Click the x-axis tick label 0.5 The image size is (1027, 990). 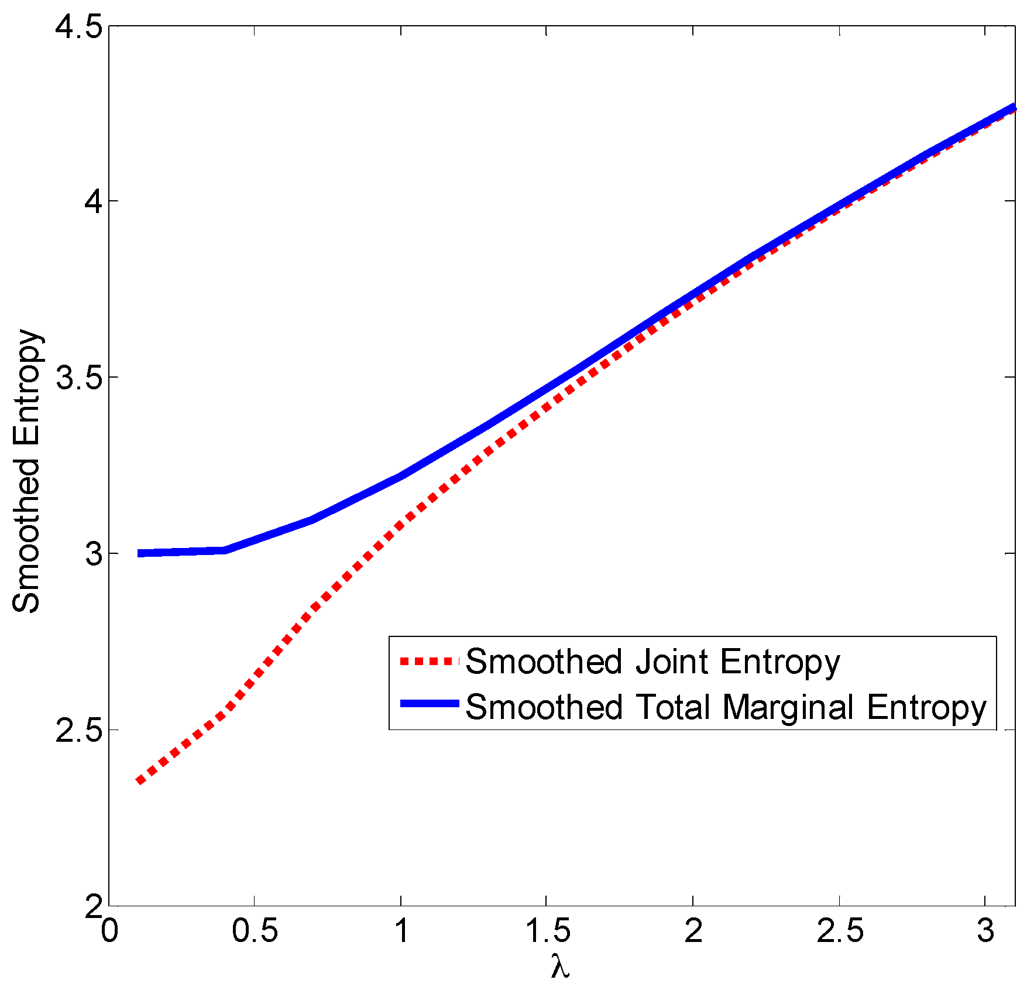(x=255, y=931)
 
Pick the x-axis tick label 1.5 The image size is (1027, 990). (x=547, y=931)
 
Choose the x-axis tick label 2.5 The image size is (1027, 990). (x=839, y=931)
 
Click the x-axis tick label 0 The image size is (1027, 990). (x=109, y=931)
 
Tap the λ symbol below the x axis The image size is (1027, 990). (x=560, y=967)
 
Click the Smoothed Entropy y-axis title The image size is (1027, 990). (x=26, y=471)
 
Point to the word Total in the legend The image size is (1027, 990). (x=673, y=707)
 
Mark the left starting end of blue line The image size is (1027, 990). (x=139, y=553)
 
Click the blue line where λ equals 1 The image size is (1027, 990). (x=401, y=476)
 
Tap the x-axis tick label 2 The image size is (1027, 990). (x=693, y=931)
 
